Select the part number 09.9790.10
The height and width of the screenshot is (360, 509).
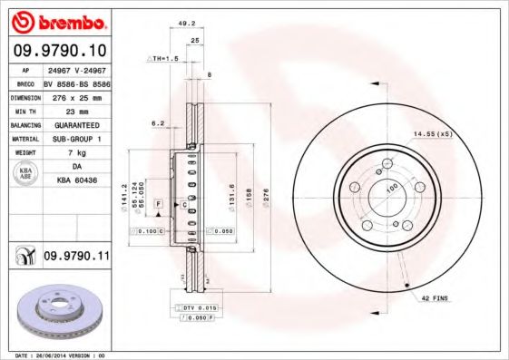59,51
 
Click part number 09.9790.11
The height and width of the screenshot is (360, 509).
76,258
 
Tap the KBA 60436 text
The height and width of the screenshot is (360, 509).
76,181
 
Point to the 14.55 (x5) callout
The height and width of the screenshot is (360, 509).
433,134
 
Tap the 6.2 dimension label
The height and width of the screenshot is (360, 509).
157,122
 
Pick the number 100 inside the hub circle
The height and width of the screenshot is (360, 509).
393,188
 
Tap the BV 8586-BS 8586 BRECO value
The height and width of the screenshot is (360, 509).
76,83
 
